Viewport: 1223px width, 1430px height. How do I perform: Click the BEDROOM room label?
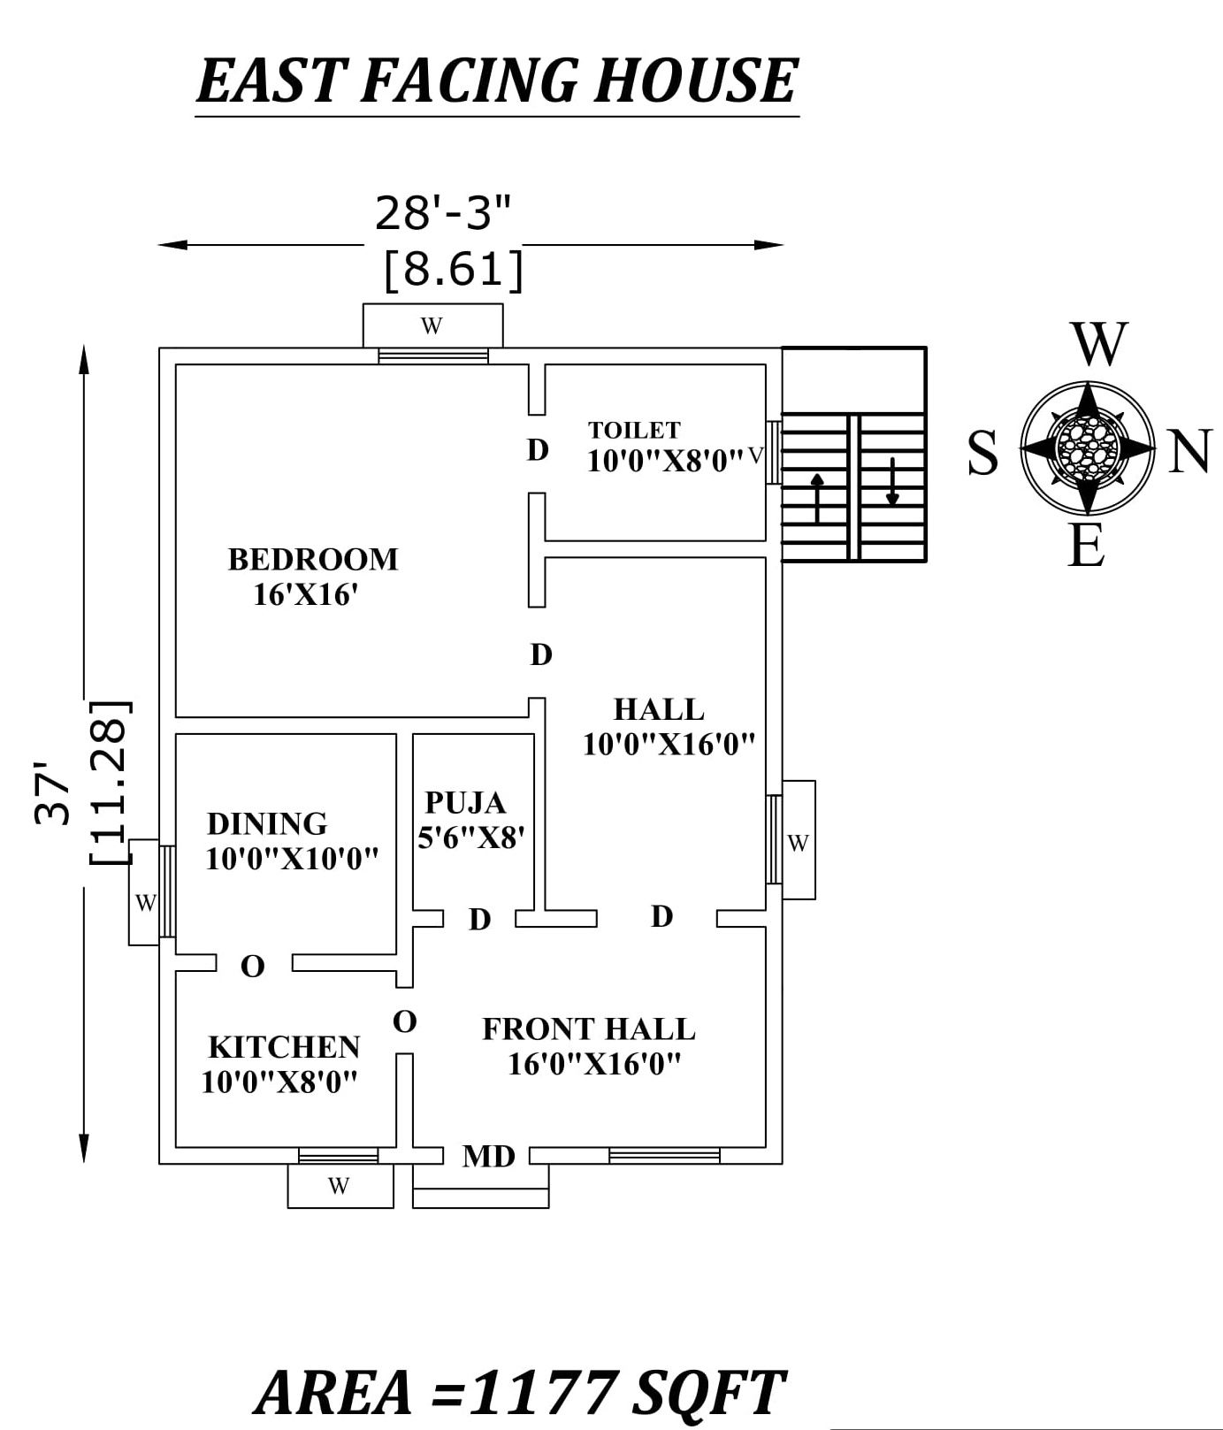tap(313, 560)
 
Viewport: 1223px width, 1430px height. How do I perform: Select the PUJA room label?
tap(465, 803)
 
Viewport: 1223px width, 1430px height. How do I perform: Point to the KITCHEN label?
tap(284, 1047)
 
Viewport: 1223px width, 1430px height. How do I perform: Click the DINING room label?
tap(267, 824)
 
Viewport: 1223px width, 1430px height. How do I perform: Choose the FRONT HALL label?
tap(588, 1029)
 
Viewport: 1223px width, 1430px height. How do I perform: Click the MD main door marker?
tap(488, 1156)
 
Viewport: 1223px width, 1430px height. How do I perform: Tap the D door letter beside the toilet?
tap(538, 450)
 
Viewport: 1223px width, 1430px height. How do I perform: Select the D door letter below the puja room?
tap(479, 920)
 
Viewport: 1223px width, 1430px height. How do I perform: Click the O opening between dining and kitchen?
tap(253, 967)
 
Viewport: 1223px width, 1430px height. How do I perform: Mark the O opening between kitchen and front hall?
tap(404, 1022)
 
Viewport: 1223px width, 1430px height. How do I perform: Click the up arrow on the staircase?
tap(818, 497)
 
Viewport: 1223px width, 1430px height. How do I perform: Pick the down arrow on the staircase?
tap(892, 482)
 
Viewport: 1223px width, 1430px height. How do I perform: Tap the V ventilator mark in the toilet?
tap(754, 456)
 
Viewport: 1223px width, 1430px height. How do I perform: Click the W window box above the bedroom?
tap(432, 326)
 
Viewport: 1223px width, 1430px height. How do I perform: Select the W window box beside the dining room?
tap(144, 902)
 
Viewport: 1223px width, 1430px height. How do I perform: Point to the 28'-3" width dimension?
tap(443, 213)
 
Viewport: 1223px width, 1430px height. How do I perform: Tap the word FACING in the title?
tap(469, 80)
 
